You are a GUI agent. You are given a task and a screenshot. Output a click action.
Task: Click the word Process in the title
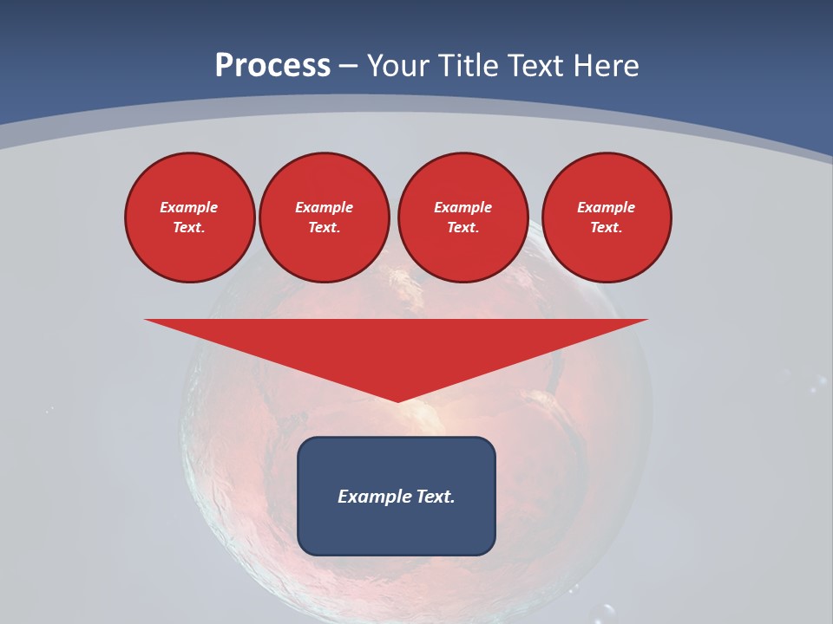(x=272, y=66)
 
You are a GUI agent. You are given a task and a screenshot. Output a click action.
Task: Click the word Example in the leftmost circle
(x=189, y=207)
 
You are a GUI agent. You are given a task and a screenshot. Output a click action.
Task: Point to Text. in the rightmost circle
(x=607, y=227)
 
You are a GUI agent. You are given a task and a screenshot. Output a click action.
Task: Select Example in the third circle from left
(x=462, y=207)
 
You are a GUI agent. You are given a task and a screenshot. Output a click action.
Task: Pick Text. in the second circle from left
(x=324, y=227)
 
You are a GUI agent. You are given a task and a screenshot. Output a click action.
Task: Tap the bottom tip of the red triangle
(x=397, y=400)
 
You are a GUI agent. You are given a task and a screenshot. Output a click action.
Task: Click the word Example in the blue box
(x=369, y=497)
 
